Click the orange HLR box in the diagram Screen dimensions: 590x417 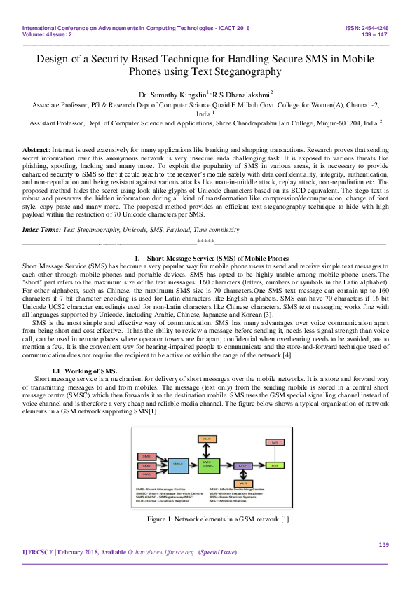point(207,439)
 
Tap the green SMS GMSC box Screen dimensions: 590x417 point(207,464)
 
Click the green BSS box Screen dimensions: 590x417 point(274,465)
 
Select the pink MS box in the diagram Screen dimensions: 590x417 point(274,442)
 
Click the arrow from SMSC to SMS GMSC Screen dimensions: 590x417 point(191,464)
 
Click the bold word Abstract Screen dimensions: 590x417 point(35,151)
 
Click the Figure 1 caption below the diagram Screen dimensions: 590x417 point(208,519)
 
